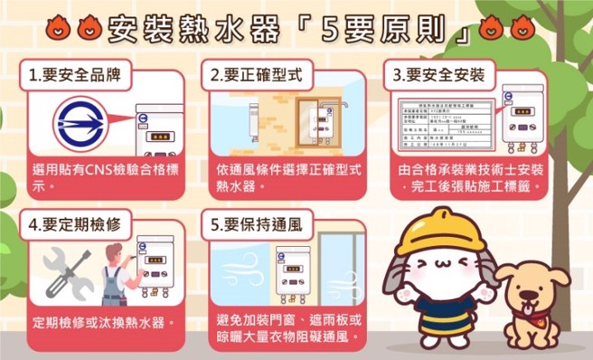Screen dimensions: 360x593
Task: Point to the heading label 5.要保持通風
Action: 256,222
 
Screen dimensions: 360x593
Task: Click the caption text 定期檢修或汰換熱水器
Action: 102,322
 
